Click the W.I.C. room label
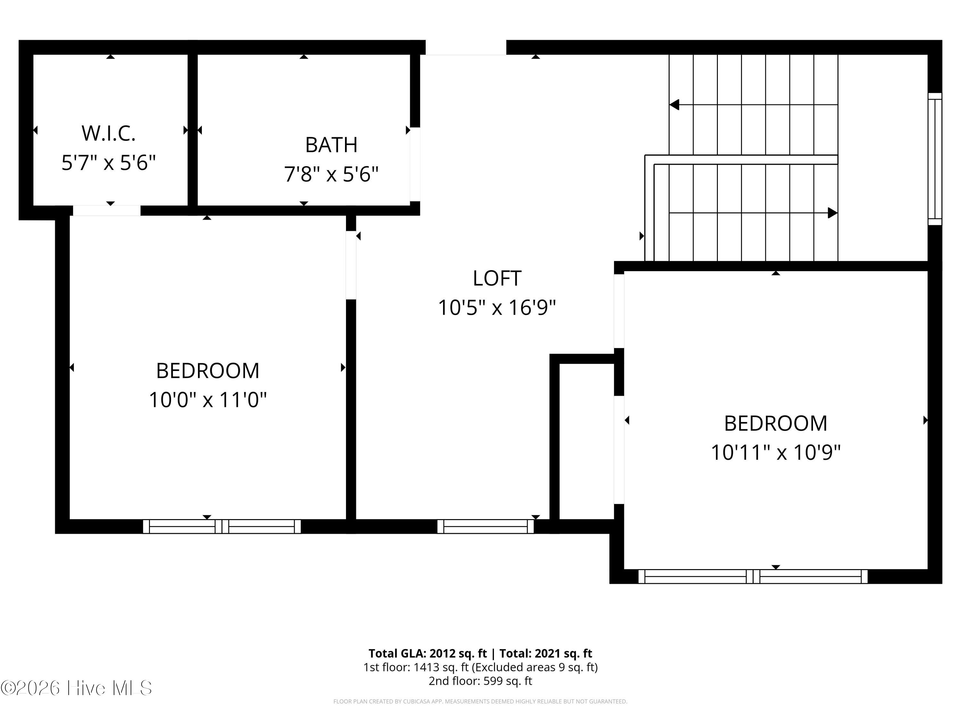[x=109, y=133]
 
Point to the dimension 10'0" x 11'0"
[x=208, y=399]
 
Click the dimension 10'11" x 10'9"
[x=776, y=452]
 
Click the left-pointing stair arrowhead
[x=674, y=105]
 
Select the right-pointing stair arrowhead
[x=833, y=213]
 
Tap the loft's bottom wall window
[x=485, y=526]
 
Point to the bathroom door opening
[x=415, y=164]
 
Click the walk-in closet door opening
[x=106, y=210]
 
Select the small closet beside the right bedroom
[x=587, y=441]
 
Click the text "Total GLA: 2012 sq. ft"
[x=428, y=653]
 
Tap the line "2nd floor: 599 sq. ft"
[x=480, y=681]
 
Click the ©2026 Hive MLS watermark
[x=77, y=688]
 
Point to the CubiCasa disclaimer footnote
[x=480, y=701]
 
